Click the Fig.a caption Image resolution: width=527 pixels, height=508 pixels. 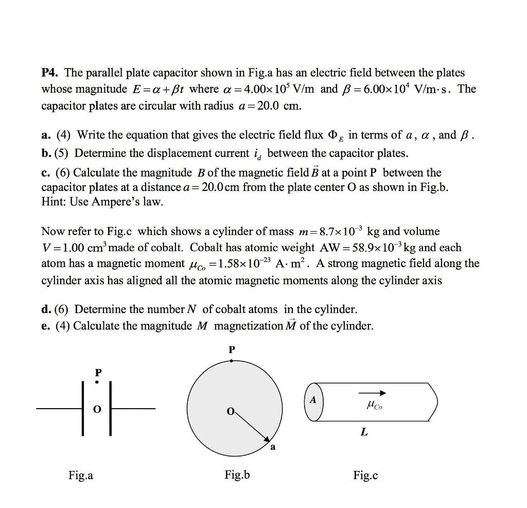pyautogui.click(x=81, y=476)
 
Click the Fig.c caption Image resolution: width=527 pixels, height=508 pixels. pyautogui.click(x=365, y=476)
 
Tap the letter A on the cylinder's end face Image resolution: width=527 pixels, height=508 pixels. pyautogui.click(x=312, y=400)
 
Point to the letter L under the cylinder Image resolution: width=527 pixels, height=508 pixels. pyautogui.click(x=364, y=433)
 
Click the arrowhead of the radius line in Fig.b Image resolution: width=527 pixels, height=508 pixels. pyautogui.click(x=267, y=439)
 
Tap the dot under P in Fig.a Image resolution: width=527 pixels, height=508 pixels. pyautogui.click(x=96, y=382)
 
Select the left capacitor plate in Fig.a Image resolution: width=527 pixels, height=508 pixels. pyautogui.click(x=82, y=409)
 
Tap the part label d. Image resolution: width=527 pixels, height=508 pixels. pyautogui.click(x=45, y=309)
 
